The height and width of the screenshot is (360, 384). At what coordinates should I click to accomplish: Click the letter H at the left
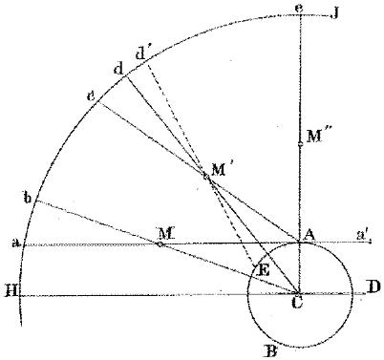[12, 291]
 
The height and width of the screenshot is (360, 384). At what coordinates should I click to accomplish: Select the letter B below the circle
[271, 352]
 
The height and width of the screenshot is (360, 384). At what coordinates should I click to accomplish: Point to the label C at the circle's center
[297, 303]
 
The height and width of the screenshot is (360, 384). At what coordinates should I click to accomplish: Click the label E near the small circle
[265, 271]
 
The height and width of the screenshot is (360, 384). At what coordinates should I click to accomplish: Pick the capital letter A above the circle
[309, 236]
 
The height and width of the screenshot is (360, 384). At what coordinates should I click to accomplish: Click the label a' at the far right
[363, 235]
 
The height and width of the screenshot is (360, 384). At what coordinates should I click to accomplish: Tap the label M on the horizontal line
[166, 234]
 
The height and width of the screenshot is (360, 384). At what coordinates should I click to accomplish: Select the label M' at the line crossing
[223, 170]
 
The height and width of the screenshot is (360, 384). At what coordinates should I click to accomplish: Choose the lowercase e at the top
[299, 8]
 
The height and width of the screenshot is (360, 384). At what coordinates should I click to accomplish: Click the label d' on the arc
[141, 54]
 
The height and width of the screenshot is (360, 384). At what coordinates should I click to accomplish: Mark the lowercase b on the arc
[29, 198]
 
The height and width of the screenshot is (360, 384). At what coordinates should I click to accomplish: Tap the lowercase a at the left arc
[16, 244]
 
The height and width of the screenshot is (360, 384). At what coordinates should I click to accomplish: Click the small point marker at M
[160, 244]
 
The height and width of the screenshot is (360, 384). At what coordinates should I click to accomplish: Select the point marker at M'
[205, 176]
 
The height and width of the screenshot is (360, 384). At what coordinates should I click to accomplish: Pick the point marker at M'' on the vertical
[300, 145]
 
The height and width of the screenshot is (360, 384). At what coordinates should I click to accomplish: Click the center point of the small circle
[299, 292]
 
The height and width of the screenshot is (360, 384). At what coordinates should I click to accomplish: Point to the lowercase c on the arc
[92, 96]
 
